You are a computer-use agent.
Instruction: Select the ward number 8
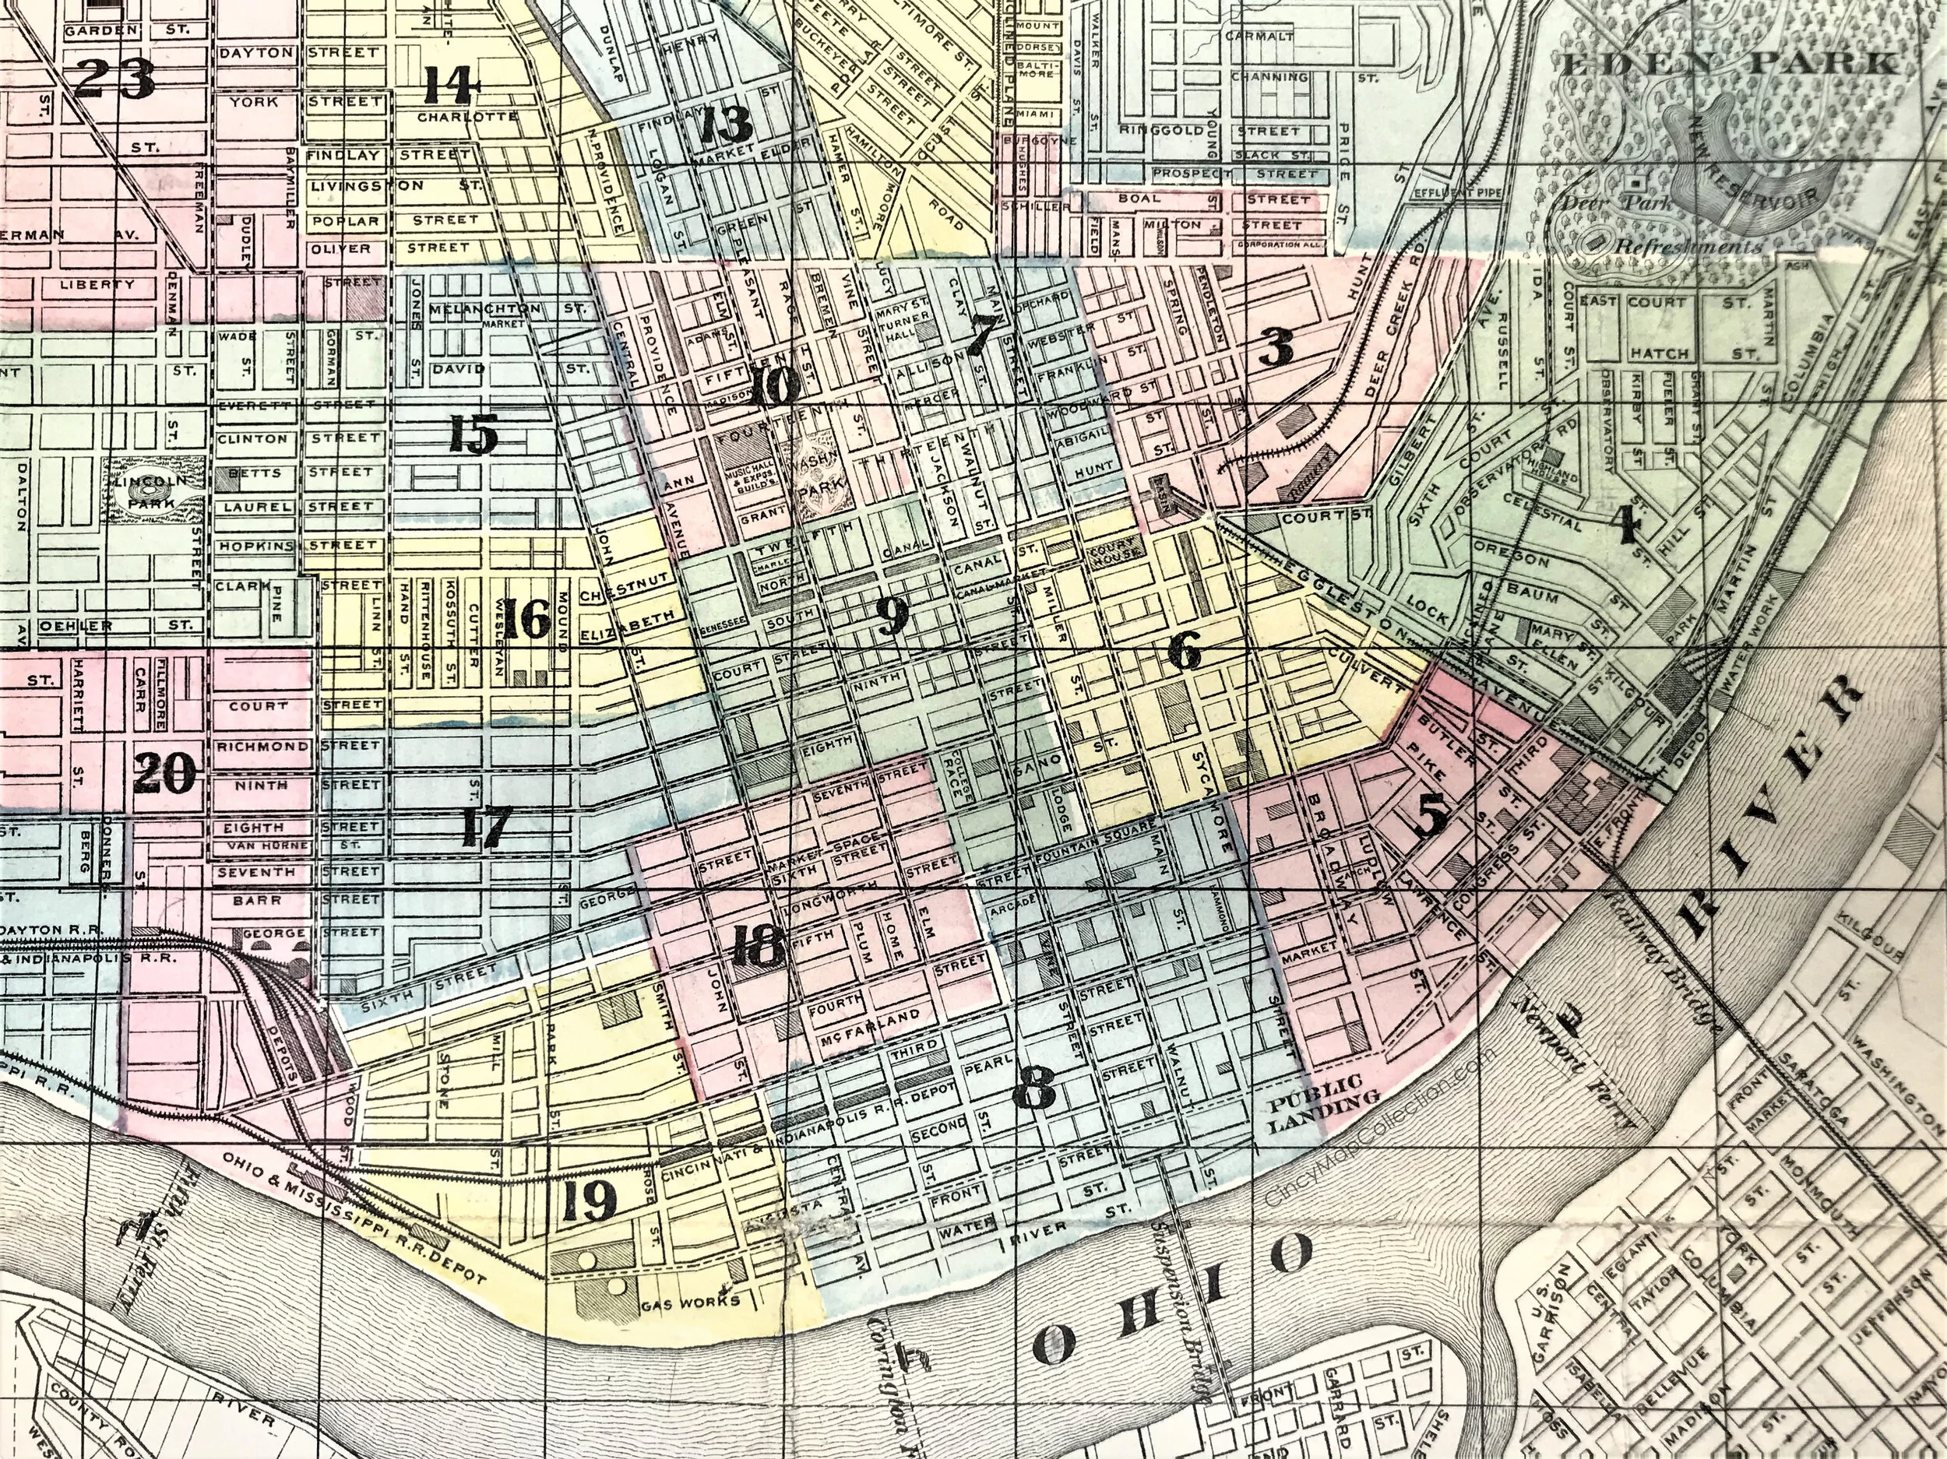1033,1092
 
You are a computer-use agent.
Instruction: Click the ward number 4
1625,526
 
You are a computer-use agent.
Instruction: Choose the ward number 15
474,434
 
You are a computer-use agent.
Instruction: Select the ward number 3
1276,351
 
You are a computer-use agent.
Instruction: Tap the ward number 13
727,128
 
